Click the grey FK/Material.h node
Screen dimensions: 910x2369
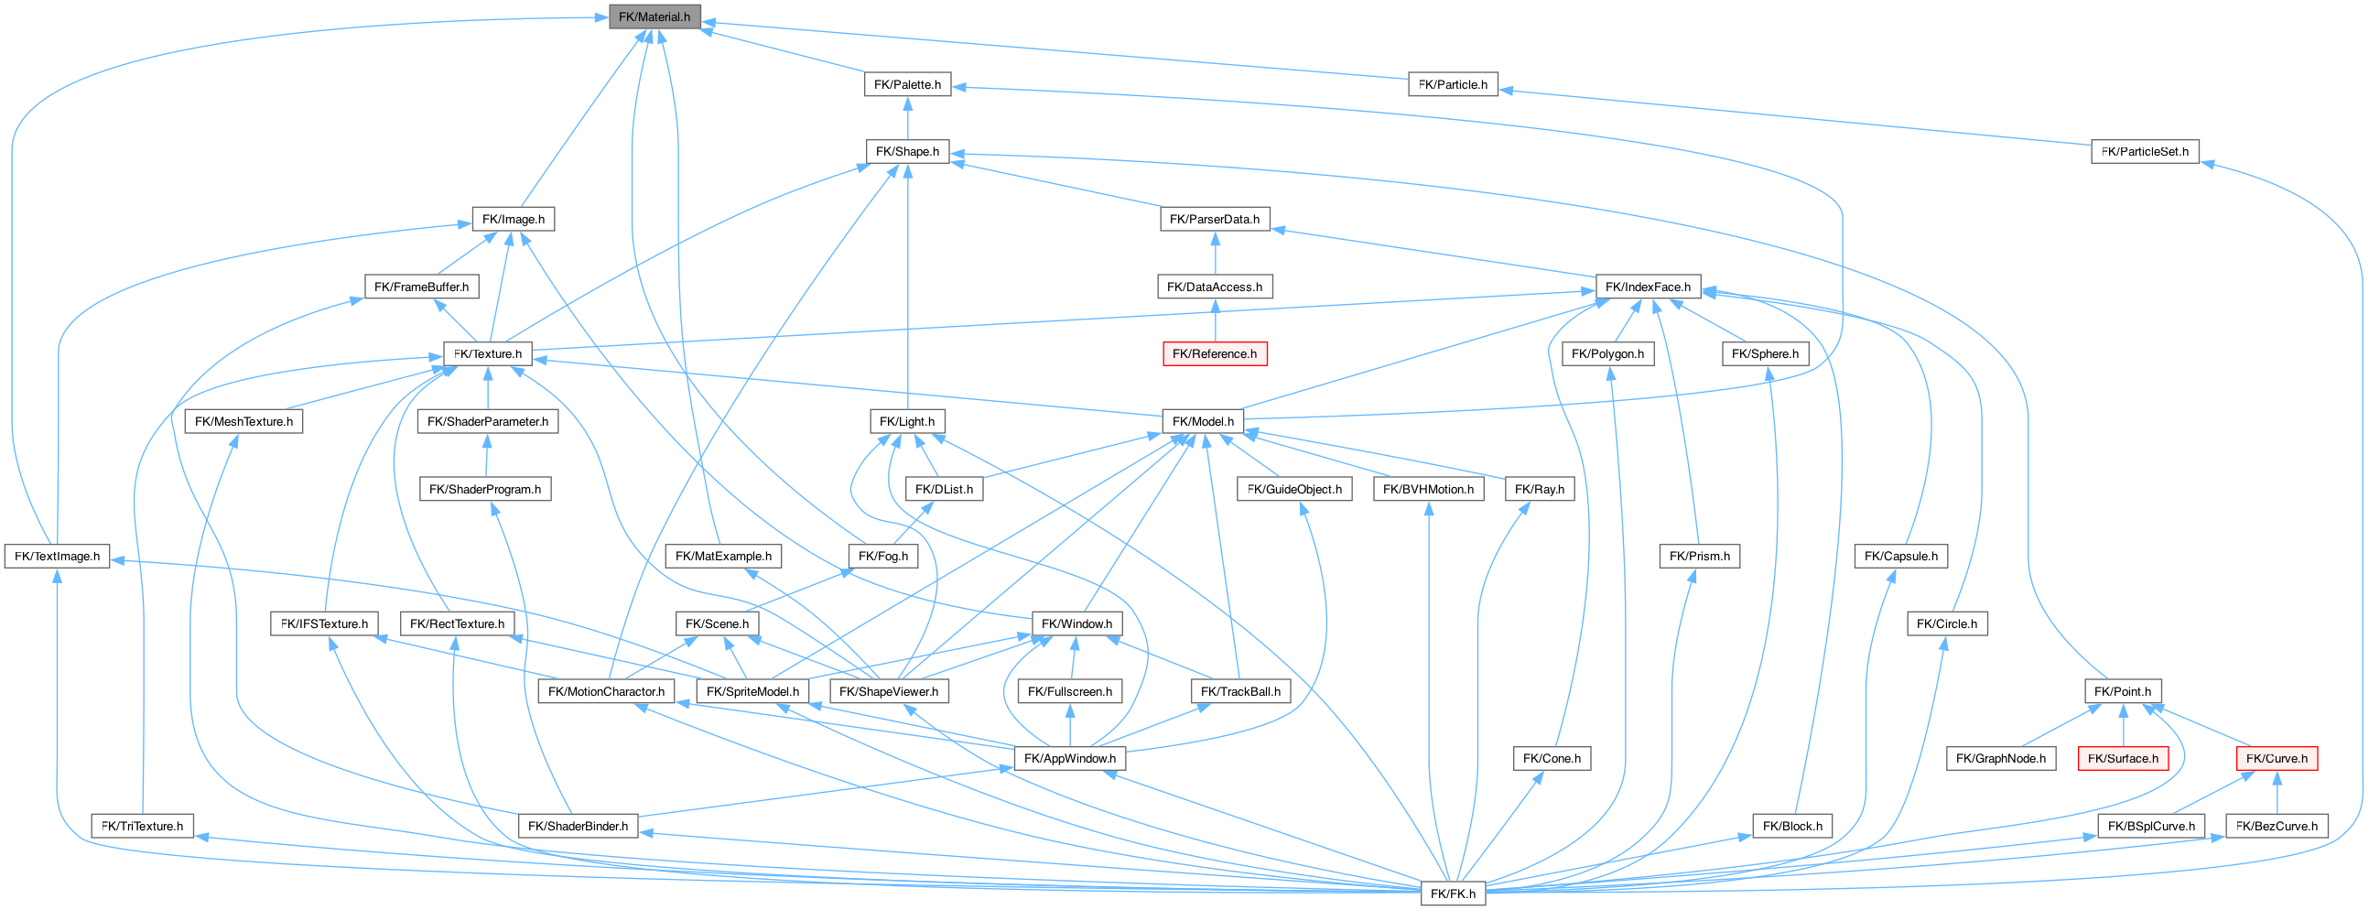(x=654, y=16)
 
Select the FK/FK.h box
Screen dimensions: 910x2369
(x=1453, y=894)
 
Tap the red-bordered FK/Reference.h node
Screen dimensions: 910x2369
(x=1214, y=354)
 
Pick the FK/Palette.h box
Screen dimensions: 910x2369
(x=907, y=84)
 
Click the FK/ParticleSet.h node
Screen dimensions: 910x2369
(x=2145, y=152)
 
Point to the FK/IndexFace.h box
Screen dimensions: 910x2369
(x=1647, y=287)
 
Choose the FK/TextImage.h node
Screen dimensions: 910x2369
(x=57, y=557)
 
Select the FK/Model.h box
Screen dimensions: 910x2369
(x=1203, y=421)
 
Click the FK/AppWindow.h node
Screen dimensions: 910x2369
(x=1069, y=759)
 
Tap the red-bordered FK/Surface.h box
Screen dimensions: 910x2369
(x=2123, y=759)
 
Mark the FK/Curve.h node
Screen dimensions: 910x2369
(x=2277, y=759)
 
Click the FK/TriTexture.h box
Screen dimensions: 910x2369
(x=142, y=827)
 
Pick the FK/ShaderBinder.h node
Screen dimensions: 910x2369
(x=578, y=827)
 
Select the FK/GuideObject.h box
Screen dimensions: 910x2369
(x=1294, y=490)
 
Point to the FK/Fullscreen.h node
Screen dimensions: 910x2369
(x=1069, y=692)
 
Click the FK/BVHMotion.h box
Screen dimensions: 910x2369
(x=1428, y=490)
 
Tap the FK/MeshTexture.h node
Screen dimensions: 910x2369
(x=243, y=421)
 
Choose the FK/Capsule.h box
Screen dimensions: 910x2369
(x=1900, y=557)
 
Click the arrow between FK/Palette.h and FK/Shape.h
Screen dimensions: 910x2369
(x=908, y=118)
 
